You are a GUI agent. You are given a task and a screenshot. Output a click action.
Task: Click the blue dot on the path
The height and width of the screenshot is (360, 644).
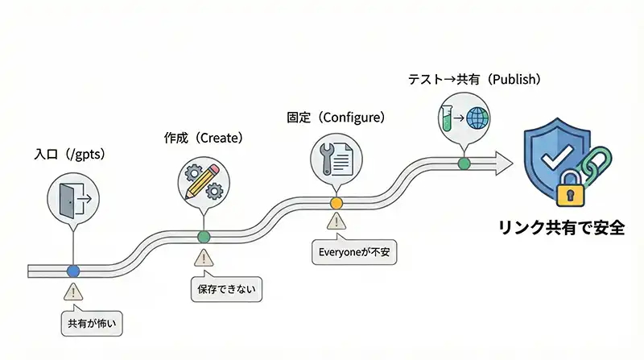(73, 271)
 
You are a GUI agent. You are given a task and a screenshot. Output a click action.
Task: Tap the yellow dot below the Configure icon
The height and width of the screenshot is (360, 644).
(336, 202)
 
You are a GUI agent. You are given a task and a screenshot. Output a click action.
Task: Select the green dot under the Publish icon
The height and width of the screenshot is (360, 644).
(464, 163)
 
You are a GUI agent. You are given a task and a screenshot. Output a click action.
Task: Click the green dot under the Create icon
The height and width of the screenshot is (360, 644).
(204, 236)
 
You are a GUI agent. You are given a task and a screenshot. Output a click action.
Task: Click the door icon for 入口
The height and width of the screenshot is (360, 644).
(72, 197)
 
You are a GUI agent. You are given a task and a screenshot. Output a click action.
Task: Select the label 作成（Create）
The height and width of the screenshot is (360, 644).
(203, 138)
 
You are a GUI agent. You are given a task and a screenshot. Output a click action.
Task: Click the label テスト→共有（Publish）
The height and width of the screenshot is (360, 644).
(473, 80)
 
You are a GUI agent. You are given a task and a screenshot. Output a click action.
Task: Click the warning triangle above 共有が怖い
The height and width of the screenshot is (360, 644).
(73, 292)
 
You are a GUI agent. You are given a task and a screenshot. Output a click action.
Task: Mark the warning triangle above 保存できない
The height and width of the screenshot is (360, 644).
(204, 258)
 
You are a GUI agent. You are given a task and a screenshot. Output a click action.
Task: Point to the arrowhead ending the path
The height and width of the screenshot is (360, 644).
(504, 162)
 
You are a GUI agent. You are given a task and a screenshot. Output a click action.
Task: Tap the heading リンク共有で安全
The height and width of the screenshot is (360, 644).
(561, 228)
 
